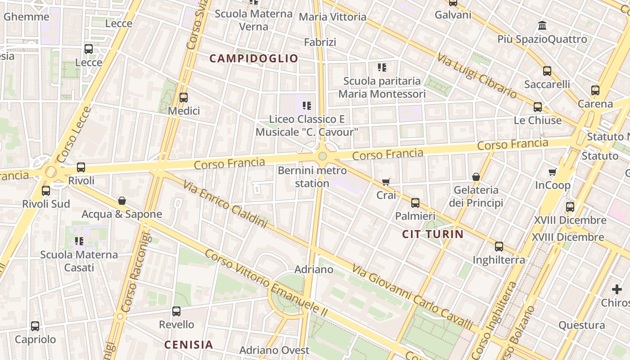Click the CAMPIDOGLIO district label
click(x=254, y=58)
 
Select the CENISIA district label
click(x=189, y=345)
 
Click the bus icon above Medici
click(x=184, y=98)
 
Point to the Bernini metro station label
click(x=312, y=177)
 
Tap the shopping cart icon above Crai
click(x=386, y=182)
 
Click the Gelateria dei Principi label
click(x=476, y=196)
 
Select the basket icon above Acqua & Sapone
click(x=121, y=201)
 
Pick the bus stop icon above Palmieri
click(x=415, y=203)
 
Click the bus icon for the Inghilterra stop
click(x=499, y=247)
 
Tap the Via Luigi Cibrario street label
click(x=477, y=75)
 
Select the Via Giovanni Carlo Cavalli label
click(x=412, y=297)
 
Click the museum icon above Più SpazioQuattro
click(x=542, y=26)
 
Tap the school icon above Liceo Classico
click(x=307, y=106)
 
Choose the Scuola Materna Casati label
click(x=79, y=261)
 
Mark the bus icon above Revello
click(x=176, y=311)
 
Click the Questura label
click(x=581, y=325)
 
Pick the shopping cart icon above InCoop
click(x=553, y=172)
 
